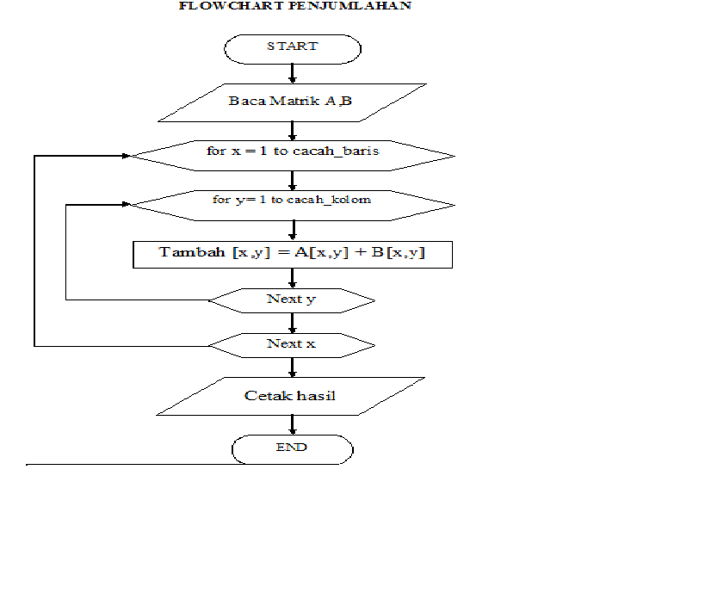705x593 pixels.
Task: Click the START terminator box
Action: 292,48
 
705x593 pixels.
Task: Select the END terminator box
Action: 292,448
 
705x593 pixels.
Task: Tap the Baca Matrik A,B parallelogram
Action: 290,102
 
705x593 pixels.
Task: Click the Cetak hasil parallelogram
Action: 290,396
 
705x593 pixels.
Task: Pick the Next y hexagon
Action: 292,300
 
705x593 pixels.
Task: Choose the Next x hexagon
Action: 292,344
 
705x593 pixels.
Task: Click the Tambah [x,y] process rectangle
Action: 293,254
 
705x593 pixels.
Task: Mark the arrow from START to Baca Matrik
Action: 292,73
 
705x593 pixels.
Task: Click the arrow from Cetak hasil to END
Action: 292,424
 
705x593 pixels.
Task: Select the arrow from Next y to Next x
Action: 292,323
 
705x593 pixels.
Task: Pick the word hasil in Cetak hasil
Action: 317,396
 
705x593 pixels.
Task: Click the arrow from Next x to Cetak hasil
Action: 292,367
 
